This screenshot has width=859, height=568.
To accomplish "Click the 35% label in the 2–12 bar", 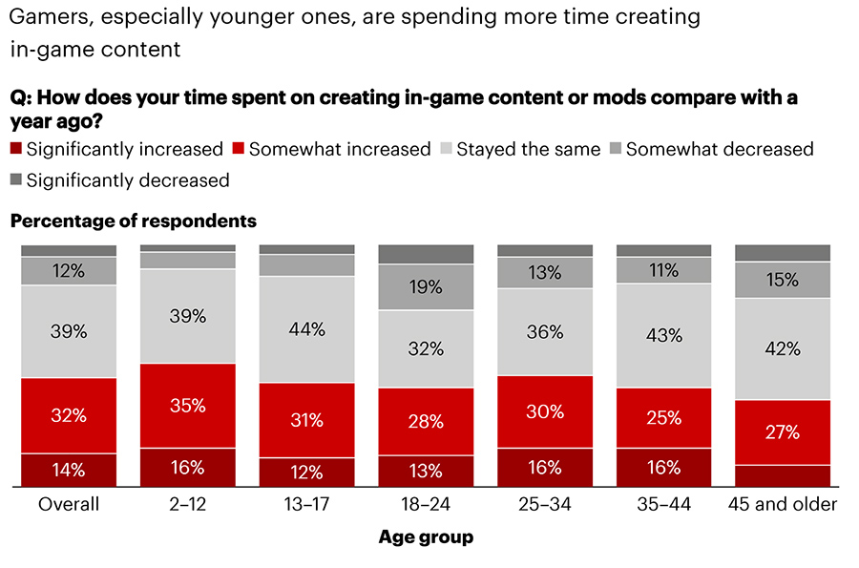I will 187,405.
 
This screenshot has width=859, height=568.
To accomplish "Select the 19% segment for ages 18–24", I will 426,286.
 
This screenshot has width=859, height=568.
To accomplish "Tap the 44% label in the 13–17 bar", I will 306,329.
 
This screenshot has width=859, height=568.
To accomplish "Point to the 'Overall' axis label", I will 68,504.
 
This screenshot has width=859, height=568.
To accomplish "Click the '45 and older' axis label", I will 783,504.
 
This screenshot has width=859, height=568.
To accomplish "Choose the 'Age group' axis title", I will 426,537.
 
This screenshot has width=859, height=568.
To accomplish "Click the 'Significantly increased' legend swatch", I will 15,149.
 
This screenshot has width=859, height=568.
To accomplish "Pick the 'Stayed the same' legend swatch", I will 445,149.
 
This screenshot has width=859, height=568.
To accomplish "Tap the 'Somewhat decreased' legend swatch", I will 615,149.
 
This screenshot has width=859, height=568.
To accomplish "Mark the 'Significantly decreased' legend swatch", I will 15,180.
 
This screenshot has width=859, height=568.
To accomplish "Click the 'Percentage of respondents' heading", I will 133,221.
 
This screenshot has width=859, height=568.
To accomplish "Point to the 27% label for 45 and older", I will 783,431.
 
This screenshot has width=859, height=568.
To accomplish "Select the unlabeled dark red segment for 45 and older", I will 783,475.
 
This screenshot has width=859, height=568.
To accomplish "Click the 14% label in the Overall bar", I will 68,470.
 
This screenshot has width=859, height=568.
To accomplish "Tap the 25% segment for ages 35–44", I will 663,417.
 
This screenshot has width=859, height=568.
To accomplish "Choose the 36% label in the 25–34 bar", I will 545,332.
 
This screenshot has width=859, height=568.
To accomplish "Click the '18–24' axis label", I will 426,504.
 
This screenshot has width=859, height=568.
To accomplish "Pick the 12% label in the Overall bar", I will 68,271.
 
